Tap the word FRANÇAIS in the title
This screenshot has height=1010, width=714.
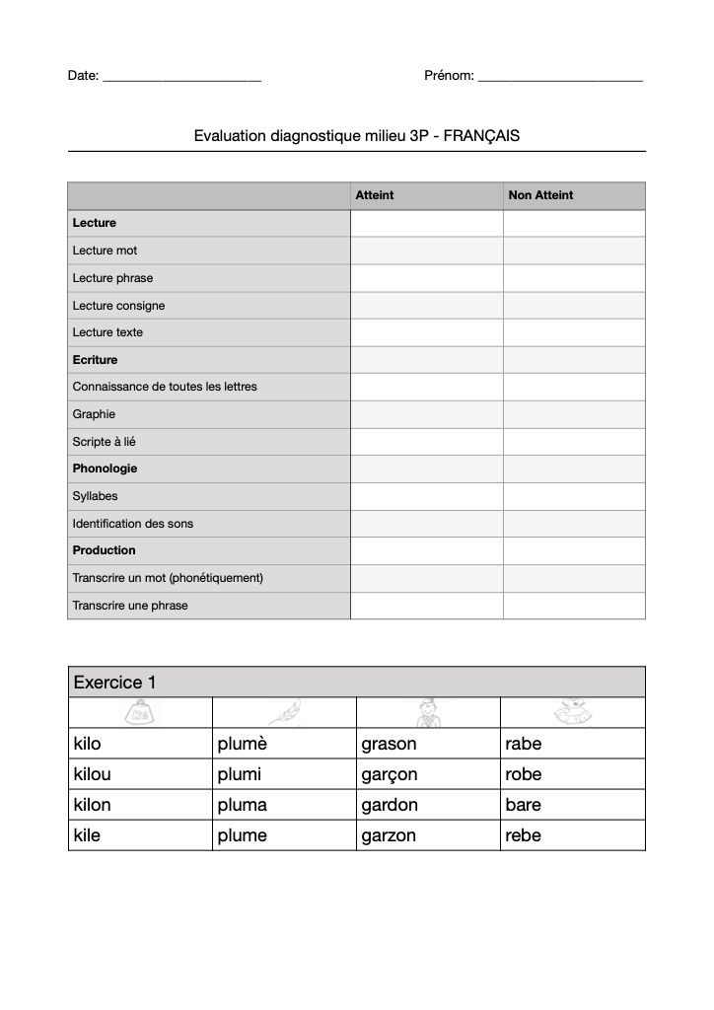pyautogui.click(x=481, y=136)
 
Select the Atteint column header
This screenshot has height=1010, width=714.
pyautogui.click(x=375, y=195)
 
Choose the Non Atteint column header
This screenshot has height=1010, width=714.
pyautogui.click(x=540, y=195)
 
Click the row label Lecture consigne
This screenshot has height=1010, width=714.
pyautogui.click(x=118, y=306)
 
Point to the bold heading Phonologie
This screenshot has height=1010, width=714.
pyautogui.click(x=105, y=469)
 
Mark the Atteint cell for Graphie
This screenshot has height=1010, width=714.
pyautogui.click(x=426, y=414)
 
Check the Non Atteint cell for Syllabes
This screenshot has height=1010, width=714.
pyautogui.click(x=574, y=496)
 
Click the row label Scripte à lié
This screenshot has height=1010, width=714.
pyautogui.click(x=104, y=442)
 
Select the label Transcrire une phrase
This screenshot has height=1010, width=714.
pyautogui.click(x=129, y=606)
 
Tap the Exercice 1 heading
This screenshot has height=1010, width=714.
pyautogui.click(x=114, y=682)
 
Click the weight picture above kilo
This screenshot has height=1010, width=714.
pyautogui.click(x=141, y=712)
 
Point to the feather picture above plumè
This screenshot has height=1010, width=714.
pyautogui.click(x=285, y=712)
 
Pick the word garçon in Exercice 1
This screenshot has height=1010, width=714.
pyautogui.click(x=390, y=774)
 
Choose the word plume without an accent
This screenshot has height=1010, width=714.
pyautogui.click(x=242, y=835)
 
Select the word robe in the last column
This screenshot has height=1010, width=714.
pyautogui.click(x=523, y=774)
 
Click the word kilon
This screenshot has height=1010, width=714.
pyautogui.click(x=93, y=805)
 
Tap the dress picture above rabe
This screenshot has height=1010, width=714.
pyautogui.click(x=573, y=712)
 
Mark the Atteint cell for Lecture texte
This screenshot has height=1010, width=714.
pyautogui.click(x=426, y=332)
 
